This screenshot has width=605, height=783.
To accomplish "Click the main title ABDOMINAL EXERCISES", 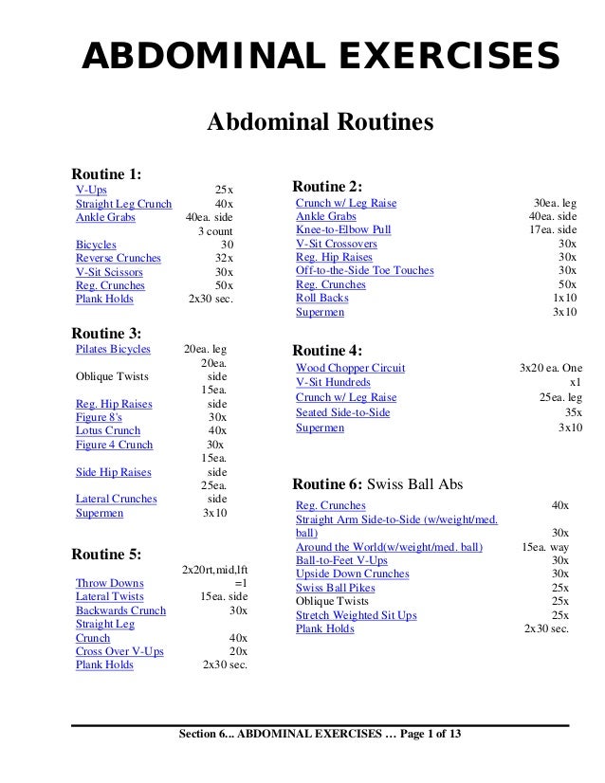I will (321, 56).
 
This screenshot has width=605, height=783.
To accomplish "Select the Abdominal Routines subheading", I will (320, 123).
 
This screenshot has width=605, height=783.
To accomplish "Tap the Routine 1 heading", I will (107, 173).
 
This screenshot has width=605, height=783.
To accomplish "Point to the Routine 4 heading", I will (328, 350).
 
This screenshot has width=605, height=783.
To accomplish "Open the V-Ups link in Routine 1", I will (91, 191).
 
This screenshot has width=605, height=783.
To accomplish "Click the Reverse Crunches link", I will (119, 258).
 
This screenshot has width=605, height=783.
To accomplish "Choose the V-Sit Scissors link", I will (109, 272).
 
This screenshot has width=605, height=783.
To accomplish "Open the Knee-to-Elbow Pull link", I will (343, 230).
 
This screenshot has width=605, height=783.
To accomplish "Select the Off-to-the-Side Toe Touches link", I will (365, 271).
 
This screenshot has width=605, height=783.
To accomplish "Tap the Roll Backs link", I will (322, 299).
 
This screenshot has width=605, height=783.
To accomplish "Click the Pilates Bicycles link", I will (113, 349).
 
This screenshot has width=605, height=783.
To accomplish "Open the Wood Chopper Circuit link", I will (351, 368).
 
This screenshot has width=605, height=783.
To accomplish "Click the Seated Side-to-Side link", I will (343, 413).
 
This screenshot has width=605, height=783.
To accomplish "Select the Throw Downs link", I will (110, 584).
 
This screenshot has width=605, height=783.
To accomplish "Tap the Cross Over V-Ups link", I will (119, 651).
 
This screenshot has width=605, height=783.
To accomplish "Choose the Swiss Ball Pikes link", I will (336, 588).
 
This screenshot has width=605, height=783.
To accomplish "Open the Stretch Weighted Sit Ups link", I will (357, 615).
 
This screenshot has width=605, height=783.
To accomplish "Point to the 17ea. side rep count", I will (553, 230).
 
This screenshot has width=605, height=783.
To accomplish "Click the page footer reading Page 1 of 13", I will (417, 737).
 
